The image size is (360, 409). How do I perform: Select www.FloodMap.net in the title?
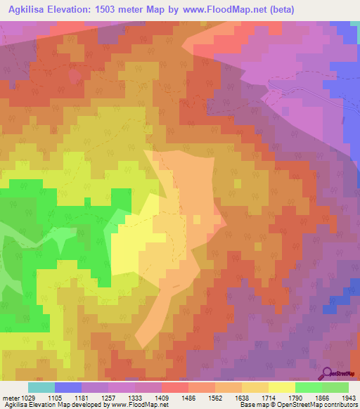click(x=224, y=9)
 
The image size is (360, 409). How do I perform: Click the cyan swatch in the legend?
click(x=41, y=387)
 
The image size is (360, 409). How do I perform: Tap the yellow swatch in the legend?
click(x=282, y=387)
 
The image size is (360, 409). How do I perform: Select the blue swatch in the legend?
click(x=68, y=387)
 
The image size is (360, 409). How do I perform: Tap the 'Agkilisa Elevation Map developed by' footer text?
click(x=49, y=405)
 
